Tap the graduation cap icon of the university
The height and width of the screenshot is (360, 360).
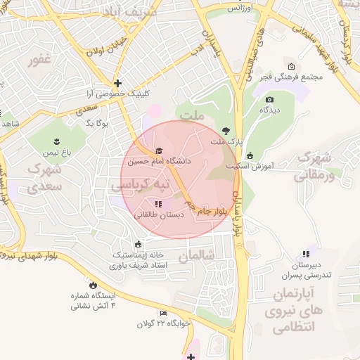(x=159, y=151)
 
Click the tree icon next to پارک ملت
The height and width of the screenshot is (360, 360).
(x=225, y=131)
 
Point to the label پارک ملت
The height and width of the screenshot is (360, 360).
(x=226, y=141)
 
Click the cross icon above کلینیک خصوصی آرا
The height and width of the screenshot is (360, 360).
(x=117, y=83)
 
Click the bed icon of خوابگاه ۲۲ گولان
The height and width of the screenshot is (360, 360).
(x=163, y=313)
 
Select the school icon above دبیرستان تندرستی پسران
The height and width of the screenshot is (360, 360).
(x=305, y=254)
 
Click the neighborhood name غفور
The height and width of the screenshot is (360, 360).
(x=40, y=60)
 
